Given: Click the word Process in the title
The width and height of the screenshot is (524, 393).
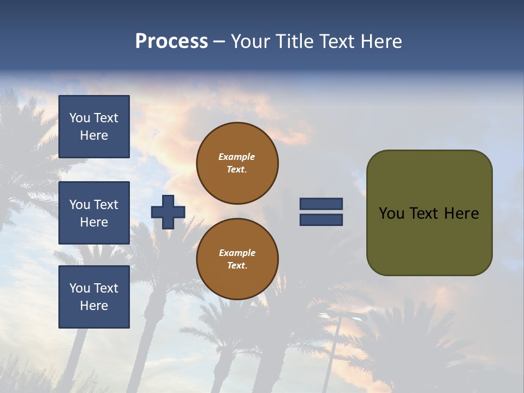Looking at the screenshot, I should [171, 41].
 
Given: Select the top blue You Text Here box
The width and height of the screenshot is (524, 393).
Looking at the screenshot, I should [94, 127].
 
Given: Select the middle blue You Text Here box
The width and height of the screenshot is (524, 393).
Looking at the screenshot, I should [94, 213].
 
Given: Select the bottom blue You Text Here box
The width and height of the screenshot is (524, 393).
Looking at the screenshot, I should [94, 297].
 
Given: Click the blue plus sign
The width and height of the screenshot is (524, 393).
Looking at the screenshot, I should [168, 212].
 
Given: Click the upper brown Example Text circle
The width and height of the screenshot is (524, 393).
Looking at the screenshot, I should [237, 163].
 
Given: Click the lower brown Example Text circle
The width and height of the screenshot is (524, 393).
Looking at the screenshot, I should [237, 259].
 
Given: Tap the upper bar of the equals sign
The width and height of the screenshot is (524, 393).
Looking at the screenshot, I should [321, 204].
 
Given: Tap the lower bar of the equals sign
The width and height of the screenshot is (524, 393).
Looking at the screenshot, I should [321, 220].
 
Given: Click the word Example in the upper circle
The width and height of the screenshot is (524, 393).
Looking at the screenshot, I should [237, 157].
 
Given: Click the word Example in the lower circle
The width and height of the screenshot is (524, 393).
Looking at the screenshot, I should [237, 253].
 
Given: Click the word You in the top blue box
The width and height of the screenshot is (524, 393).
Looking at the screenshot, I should [80, 118].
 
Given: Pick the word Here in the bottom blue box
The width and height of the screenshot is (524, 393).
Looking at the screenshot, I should [94, 306].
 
